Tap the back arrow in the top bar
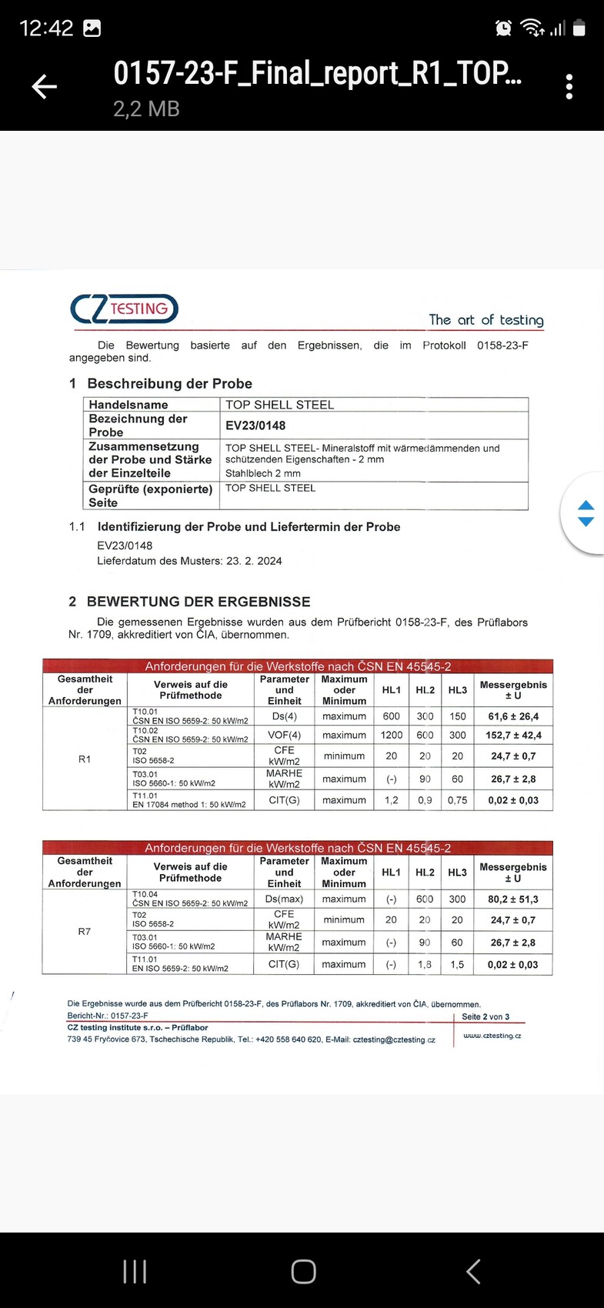44,87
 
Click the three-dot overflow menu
569,87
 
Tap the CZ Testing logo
124,309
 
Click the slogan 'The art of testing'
486,319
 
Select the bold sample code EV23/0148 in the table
255,425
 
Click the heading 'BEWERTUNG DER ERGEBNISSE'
199,602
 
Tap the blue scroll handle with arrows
586,513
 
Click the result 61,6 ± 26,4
513,716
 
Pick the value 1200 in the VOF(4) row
391,735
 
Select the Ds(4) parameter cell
284,716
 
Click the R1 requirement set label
85,759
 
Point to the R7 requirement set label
85,932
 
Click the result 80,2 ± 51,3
513,899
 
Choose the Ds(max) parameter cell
284,899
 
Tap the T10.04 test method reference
189,899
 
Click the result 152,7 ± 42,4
513,735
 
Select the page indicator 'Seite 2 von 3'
486,1016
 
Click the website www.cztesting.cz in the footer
492,1036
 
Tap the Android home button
303,1271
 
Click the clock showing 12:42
46,28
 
